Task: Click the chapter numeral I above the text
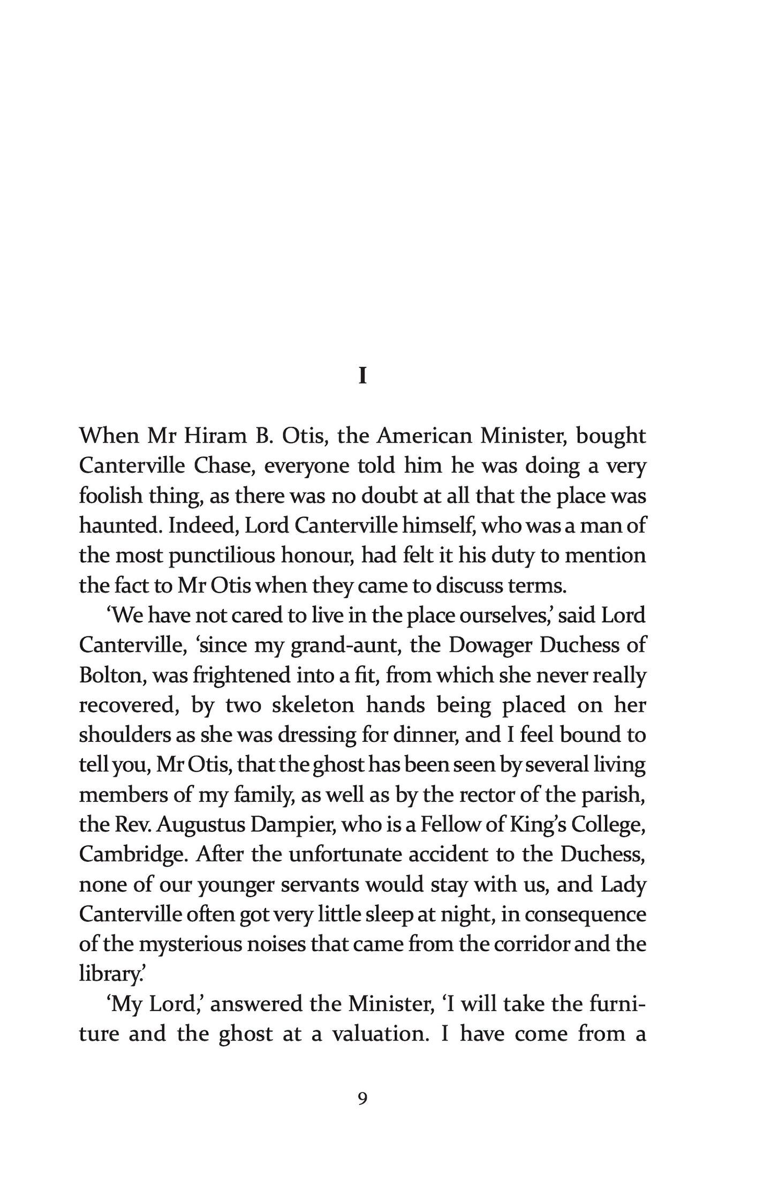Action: tap(362, 377)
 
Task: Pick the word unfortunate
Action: tap(346, 855)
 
